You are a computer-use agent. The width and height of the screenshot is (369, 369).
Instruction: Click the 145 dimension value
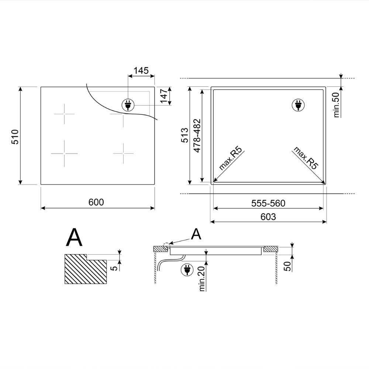pyautogui.click(x=141, y=70)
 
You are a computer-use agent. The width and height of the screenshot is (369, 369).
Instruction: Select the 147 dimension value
pyautogui.click(x=164, y=96)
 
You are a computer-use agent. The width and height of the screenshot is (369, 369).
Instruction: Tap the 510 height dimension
pyautogui.click(x=15, y=137)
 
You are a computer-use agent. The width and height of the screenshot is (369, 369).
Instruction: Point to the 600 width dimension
pyautogui.click(x=96, y=202)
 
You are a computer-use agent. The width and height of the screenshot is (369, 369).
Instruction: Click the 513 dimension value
pyautogui.click(x=185, y=135)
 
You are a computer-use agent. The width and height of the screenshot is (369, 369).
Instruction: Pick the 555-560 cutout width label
pyautogui.click(x=268, y=203)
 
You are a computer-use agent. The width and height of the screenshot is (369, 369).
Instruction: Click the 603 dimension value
pyautogui.click(x=268, y=217)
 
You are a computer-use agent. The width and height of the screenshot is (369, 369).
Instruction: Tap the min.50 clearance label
pyautogui.click(x=337, y=105)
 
